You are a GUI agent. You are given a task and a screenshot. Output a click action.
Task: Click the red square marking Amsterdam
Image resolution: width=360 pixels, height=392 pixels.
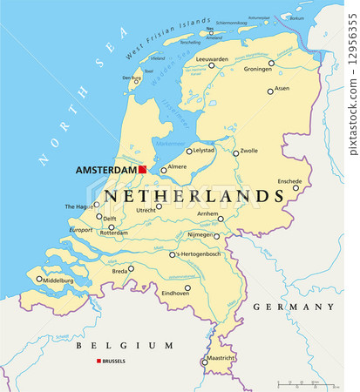click(143, 170)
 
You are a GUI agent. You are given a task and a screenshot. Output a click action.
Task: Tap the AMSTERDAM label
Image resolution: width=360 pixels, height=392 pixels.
click(106, 170)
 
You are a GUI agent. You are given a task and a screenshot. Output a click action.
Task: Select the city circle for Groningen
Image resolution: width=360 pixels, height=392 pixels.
click(271, 63)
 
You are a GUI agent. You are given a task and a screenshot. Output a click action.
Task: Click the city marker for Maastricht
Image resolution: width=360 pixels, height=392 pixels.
click(205, 362)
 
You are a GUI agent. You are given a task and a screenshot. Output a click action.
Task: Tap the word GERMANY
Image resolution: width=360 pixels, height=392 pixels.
click(293, 307)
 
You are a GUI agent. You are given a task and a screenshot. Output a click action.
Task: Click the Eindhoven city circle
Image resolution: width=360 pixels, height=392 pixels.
click(187, 287)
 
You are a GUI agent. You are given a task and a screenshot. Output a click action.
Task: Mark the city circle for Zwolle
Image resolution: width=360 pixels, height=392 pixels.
click(235, 153)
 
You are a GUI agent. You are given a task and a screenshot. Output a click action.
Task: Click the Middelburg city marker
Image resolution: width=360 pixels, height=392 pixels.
click(39, 280)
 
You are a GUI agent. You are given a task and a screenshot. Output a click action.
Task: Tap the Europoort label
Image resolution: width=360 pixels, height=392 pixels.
click(81, 229)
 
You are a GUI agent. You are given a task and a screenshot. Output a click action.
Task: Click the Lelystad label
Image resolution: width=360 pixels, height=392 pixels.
click(203, 151)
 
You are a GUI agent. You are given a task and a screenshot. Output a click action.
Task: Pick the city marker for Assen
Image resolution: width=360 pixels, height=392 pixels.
click(270, 90)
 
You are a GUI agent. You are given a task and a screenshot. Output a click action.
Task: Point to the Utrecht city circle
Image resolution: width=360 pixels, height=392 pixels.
click(159, 206)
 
